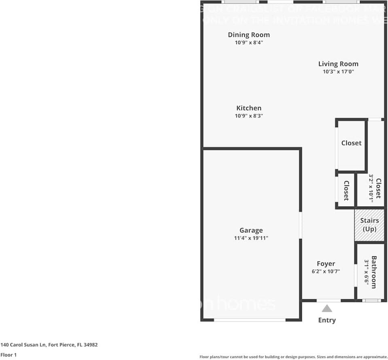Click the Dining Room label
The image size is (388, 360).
(x=248, y=35)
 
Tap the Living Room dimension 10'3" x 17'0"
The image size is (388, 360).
(x=338, y=72)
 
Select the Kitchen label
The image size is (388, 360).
(x=248, y=108)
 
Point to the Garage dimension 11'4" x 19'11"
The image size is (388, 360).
(x=251, y=238)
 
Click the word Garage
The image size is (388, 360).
(x=251, y=230)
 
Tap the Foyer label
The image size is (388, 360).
(x=326, y=264)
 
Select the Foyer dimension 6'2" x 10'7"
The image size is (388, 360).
(x=326, y=271)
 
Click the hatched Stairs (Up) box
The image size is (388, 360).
(x=369, y=225)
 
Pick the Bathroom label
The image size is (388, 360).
(x=374, y=272)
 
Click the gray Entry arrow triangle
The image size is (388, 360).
(x=327, y=309)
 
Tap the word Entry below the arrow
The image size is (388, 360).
(x=327, y=320)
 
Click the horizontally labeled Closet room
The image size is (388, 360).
(x=351, y=143)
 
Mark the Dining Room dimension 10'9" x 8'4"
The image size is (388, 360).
(x=248, y=43)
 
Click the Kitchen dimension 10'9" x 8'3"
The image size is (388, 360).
(x=248, y=116)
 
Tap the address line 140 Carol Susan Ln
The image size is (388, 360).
(x=49, y=345)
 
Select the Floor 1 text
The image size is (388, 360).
(x=8, y=355)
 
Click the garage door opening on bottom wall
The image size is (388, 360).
(x=250, y=320)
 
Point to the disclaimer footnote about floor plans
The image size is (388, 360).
(x=293, y=357)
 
